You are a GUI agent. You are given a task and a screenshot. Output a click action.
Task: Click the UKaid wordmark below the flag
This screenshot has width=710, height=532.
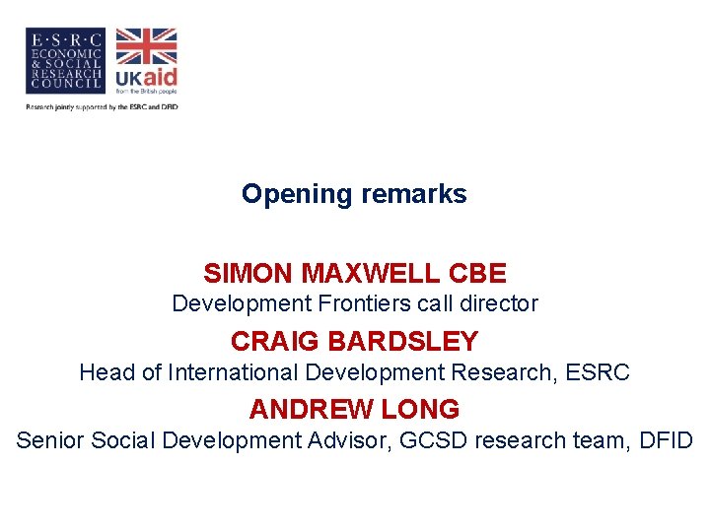coord(146,79)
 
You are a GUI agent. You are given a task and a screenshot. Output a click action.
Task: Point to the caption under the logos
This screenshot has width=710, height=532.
coord(102,106)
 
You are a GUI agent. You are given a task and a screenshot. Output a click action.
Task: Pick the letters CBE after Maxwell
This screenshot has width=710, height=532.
coord(476,273)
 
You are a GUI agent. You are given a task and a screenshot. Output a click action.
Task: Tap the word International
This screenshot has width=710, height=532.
coord(234,372)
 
